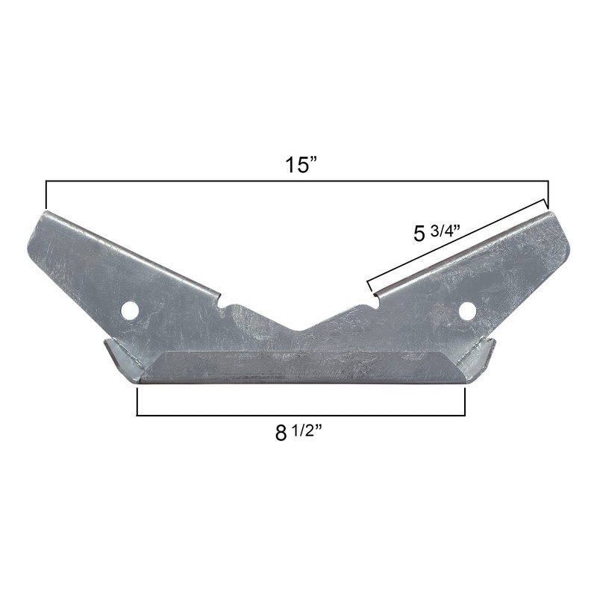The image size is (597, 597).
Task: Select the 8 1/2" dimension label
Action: [x=301, y=433]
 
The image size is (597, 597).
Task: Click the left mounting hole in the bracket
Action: [x=131, y=309]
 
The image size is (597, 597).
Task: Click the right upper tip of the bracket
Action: [x=551, y=213]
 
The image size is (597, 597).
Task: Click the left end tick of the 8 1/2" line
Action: [x=138, y=401]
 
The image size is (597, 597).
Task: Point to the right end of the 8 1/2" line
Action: [x=465, y=401]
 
